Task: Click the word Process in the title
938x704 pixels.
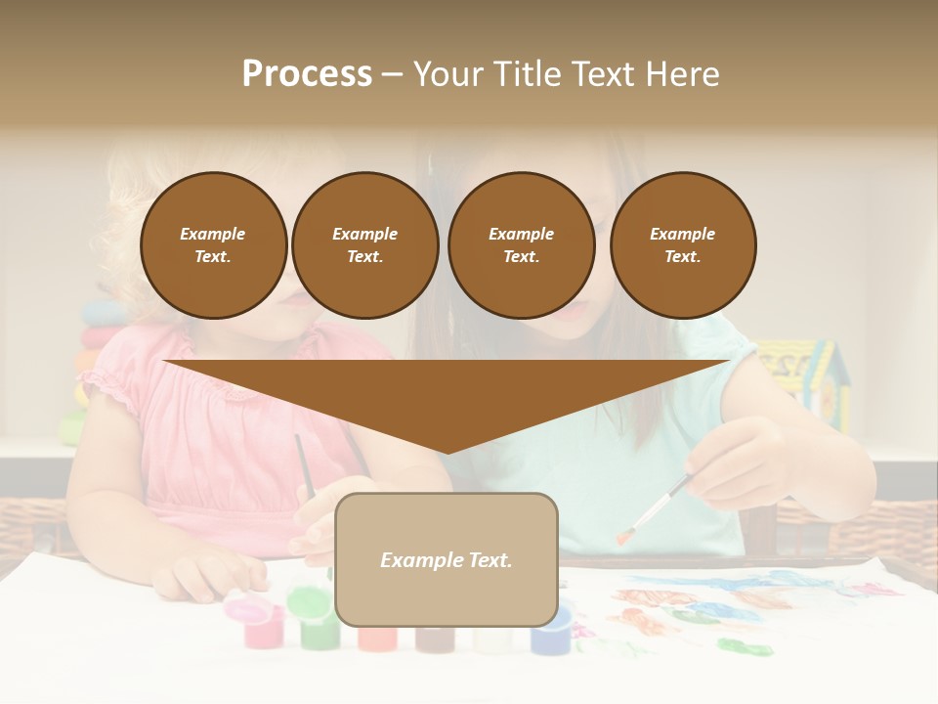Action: [x=307, y=74]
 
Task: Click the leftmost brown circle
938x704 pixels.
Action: [x=213, y=245]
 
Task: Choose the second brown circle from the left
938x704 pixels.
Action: [x=364, y=245]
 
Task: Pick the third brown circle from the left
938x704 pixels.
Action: [x=521, y=245]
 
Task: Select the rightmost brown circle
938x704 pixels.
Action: [x=683, y=245]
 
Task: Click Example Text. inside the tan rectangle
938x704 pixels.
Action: [x=447, y=560]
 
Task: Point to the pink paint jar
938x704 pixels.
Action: [x=262, y=627]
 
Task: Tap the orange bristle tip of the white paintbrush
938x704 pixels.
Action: [x=621, y=536]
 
